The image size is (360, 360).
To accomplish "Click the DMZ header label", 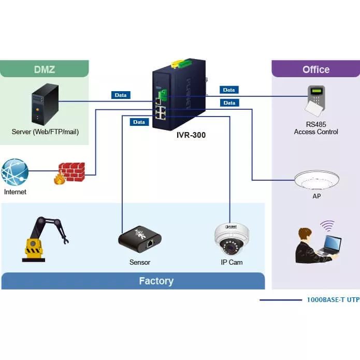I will [45, 69].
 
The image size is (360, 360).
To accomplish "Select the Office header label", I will [315, 69].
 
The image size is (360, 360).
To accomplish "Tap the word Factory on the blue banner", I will [156, 281].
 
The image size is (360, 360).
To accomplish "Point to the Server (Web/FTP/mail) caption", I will [45, 132].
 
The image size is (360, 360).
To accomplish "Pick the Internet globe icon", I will [15, 172].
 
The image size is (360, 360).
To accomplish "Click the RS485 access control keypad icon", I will [316, 101].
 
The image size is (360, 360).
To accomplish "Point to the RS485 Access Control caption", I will [316, 128].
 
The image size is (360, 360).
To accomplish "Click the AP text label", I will [316, 197].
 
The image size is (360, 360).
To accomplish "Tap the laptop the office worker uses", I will [329, 246].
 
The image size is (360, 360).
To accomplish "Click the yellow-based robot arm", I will [44, 238].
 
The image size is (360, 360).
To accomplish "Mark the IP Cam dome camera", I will [229, 239].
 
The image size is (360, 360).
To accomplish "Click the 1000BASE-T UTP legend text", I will [333, 300].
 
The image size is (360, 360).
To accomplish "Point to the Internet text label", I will [15, 192].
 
